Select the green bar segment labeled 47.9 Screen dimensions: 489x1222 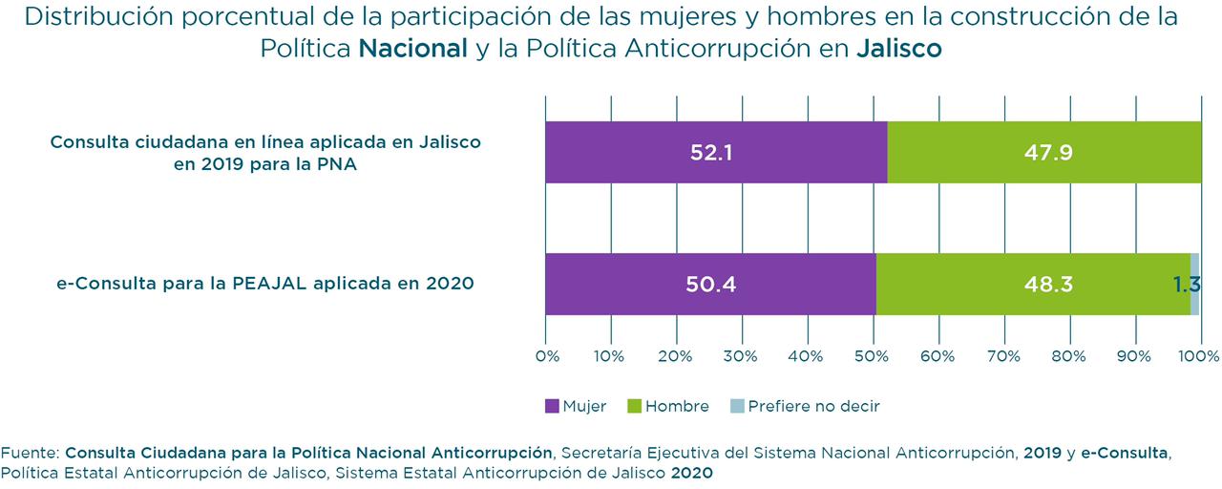pyautogui.click(x=1043, y=152)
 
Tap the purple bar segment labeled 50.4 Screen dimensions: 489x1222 pyautogui.click(x=710, y=284)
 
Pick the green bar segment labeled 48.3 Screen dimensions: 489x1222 pyautogui.click(x=1033, y=284)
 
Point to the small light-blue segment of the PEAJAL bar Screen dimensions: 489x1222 pyautogui.click(x=1194, y=284)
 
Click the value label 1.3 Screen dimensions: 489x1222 pyautogui.click(x=1186, y=284)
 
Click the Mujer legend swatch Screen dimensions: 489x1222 pyautogui.click(x=552, y=406)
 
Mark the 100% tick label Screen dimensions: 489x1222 pyautogui.click(x=1200, y=356)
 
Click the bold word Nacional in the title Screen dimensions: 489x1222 pyautogui.click(x=412, y=49)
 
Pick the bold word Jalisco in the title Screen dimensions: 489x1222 pyautogui.click(x=898, y=49)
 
